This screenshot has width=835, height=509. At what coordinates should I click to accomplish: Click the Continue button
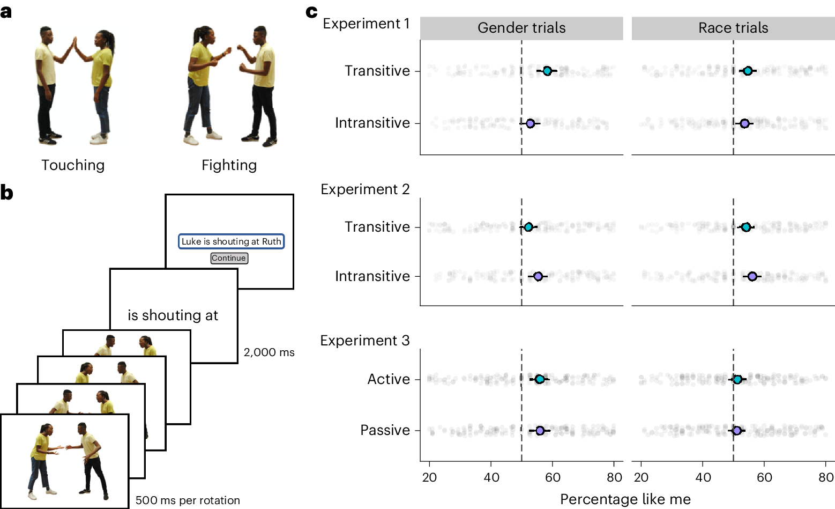point(229,258)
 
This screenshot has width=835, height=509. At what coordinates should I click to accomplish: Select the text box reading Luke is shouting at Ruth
point(231,241)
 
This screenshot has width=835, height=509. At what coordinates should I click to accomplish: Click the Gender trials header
point(521,28)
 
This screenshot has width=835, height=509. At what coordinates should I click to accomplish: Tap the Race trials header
point(733,28)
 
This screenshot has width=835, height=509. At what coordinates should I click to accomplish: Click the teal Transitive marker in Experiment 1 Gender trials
point(547,71)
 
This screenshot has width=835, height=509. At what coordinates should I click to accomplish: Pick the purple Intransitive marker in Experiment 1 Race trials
point(744,123)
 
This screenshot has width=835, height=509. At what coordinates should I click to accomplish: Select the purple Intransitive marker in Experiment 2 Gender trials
point(538,276)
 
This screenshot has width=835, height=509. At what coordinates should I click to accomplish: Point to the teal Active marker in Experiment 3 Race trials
point(737,379)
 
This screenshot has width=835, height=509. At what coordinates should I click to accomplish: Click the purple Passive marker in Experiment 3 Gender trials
point(540,431)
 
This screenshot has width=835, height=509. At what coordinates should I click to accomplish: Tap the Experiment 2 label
point(365,189)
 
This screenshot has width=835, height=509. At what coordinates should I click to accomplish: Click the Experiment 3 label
point(365,341)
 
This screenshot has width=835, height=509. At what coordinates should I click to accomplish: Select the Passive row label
point(385,430)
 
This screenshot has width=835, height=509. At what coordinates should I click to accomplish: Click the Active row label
point(389,379)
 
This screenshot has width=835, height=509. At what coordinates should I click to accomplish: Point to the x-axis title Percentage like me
point(625,499)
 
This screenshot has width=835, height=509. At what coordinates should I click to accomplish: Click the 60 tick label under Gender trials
point(553,477)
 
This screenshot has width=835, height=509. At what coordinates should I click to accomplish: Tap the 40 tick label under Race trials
point(703,477)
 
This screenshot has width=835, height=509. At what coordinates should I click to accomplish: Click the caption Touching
point(73,165)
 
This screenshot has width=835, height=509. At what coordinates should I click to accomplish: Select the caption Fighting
point(229,165)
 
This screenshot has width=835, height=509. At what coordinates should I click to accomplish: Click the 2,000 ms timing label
point(269,352)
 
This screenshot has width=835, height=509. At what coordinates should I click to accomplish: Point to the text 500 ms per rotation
point(188,500)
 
